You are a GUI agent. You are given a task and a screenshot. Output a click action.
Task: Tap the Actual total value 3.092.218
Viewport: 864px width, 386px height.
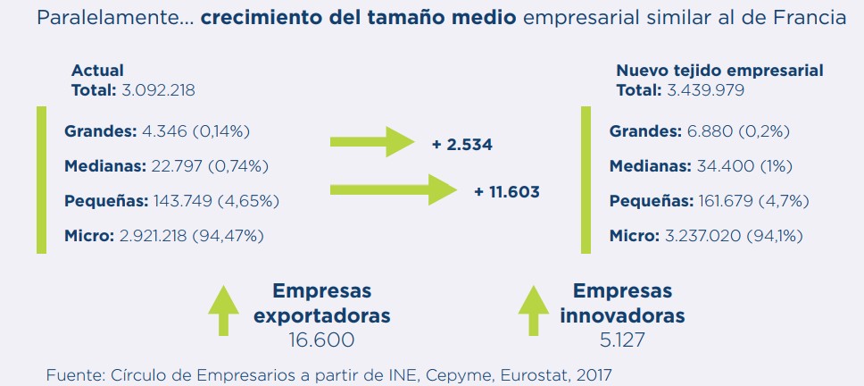point(158,89)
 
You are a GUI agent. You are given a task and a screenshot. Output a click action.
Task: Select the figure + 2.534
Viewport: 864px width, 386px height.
point(462,144)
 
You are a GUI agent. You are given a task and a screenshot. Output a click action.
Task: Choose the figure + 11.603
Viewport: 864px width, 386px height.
point(507,191)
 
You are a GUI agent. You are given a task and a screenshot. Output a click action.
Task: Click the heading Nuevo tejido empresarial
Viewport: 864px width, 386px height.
point(719,71)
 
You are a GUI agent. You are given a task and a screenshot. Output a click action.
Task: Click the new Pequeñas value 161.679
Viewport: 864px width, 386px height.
point(722,201)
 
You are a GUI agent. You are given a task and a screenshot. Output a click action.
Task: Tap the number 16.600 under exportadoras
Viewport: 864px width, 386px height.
point(321,340)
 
